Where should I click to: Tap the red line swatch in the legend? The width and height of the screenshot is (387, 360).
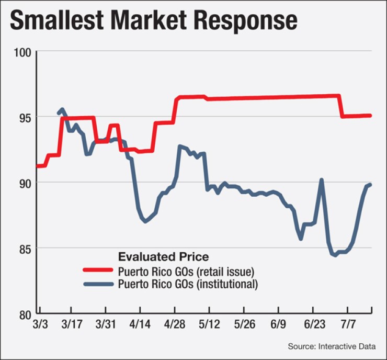[98, 271]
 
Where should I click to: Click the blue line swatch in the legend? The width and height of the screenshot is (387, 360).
[98, 285]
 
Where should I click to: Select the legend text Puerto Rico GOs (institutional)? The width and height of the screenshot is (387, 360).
[187, 285]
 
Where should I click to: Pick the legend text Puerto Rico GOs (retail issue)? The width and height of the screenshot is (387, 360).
[186, 271]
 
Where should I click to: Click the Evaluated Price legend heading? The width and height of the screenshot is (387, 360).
[163, 257]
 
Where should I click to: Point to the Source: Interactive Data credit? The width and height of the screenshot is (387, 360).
[335, 346]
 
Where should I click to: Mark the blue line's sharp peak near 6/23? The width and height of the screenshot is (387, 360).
[321, 179]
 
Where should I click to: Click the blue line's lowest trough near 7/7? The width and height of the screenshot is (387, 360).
[334, 255]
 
